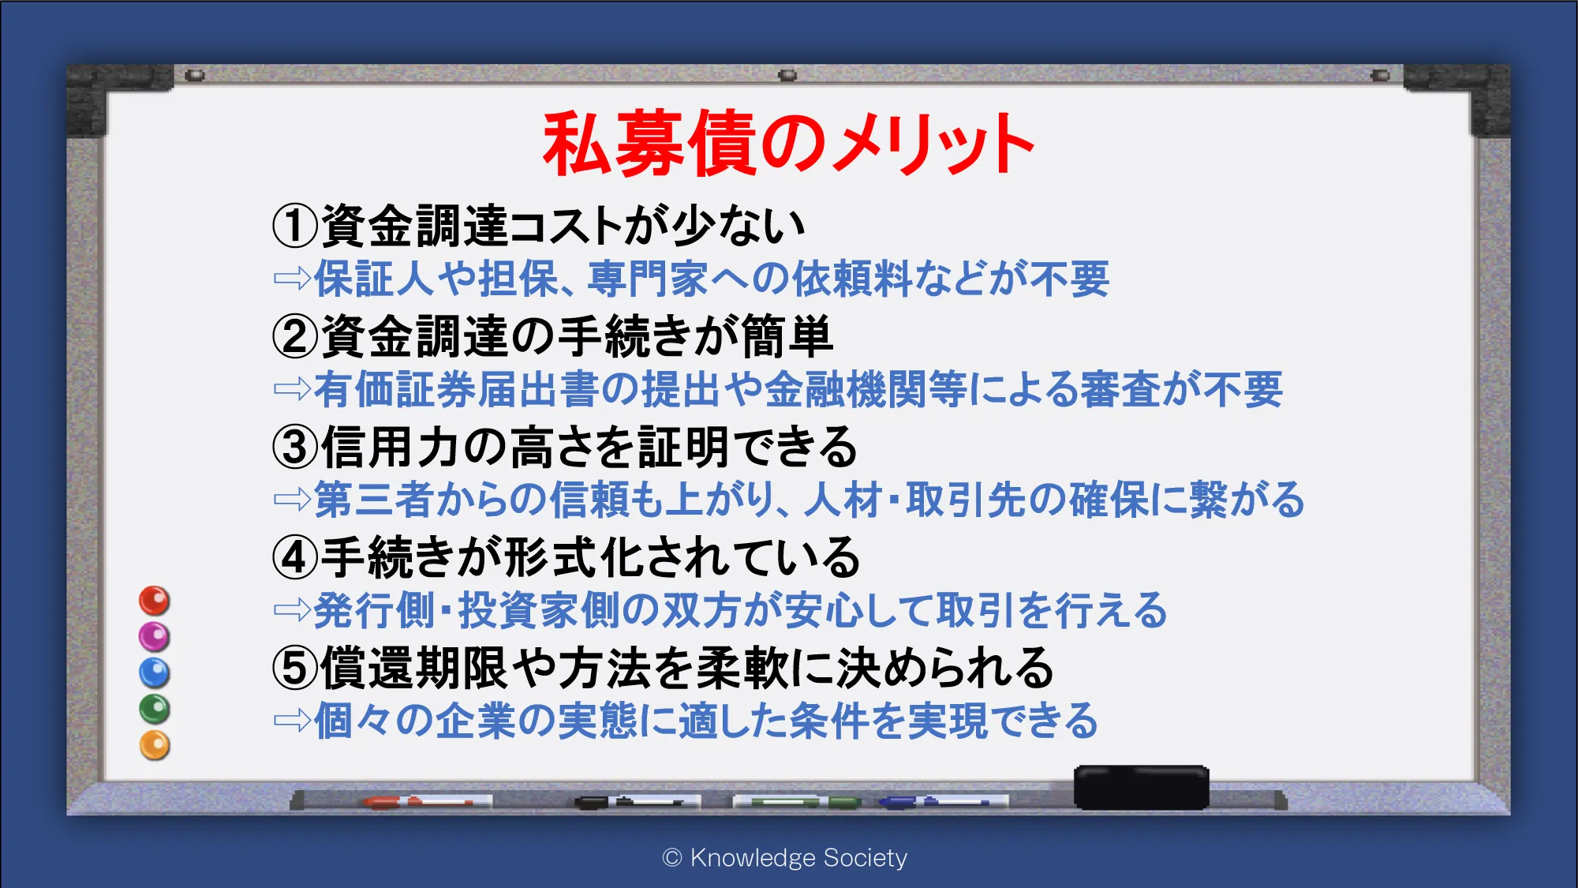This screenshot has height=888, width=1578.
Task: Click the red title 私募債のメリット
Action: [788, 144]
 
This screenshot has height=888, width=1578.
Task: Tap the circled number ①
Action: [295, 226]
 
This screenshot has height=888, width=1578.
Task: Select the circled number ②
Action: [295, 336]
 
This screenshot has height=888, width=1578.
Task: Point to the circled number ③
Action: [295, 447]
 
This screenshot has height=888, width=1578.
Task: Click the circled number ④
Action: [295, 557]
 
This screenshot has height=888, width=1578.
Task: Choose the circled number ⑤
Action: [295, 668]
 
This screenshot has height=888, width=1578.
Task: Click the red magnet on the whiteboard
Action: [155, 601]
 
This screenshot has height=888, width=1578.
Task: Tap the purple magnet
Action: [155, 636]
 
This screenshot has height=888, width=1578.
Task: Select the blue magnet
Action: [155, 673]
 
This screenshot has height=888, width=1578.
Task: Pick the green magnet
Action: [155, 709]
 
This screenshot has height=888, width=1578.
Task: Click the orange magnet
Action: [155, 745]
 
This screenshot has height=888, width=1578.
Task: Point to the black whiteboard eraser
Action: [1142, 787]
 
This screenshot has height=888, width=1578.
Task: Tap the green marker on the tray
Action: [797, 802]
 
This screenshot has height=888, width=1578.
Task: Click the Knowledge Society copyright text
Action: [785, 857]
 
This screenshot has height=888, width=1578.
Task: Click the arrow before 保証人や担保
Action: [292, 278]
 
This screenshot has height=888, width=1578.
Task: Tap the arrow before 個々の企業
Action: [292, 720]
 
